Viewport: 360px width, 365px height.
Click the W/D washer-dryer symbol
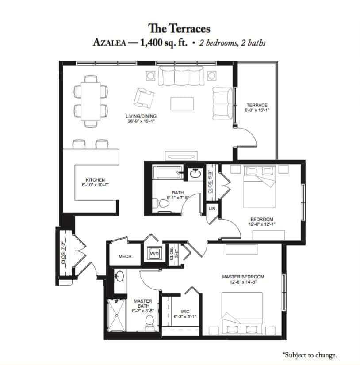(x=154, y=254)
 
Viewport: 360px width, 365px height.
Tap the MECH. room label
(x=126, y=257)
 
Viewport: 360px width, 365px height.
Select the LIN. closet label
(x=212, y=209)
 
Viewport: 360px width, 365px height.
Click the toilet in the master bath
(x=149, y=323)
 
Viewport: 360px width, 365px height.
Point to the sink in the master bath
(x=119, y=276)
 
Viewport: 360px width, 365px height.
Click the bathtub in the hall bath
(x=168, y=172)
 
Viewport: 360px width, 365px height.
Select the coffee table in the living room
(x=182, y=104)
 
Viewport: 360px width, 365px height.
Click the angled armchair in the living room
(x=144, y=98)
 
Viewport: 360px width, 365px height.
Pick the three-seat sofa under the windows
(x=181, y=76)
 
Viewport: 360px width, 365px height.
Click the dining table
(x=91, y=101)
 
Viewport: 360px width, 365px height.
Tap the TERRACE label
(x=257, y=105)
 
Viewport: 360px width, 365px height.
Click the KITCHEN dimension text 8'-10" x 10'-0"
(x=96, y=185)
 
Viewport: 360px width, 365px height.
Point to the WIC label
(x=185, y=312)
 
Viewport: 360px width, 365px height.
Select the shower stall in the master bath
(x=116, y=315)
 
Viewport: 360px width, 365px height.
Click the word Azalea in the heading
(x=110, y=43)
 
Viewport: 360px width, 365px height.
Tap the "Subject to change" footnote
(x=310, y=355)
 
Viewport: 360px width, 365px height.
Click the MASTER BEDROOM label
(x=243, y=277)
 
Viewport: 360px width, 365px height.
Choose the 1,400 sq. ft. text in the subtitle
(x=164, y=43)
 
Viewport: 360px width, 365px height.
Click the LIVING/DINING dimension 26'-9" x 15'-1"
(x=141, y=121)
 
